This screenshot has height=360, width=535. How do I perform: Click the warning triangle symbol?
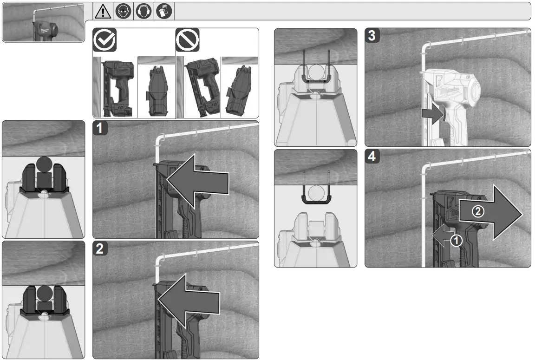(x=103, y=12)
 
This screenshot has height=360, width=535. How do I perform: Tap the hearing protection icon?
(x=144, y=11)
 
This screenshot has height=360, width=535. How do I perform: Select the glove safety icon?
(x=164, y=11)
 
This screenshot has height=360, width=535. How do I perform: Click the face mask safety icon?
(x=123, y=11)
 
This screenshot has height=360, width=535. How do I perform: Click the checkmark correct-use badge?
(x=104, y=40)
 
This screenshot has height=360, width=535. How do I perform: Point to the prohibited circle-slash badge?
(x=187, y=40)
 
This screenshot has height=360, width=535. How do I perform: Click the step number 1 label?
(x=100, y=128)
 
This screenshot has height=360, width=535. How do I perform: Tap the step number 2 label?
(x=100, y=249)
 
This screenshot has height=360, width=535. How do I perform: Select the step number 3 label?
(x=372, y=35)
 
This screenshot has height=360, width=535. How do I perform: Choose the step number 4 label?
(x=372, y=156)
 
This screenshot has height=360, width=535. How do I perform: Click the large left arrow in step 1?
(x=197, y=181)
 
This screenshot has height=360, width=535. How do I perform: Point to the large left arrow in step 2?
(x=189, y=301)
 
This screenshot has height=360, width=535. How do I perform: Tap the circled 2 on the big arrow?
(x=478, y=211)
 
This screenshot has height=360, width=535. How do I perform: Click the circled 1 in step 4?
(x=456, y=241)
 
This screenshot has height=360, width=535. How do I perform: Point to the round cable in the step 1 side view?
(x=44, y=164)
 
